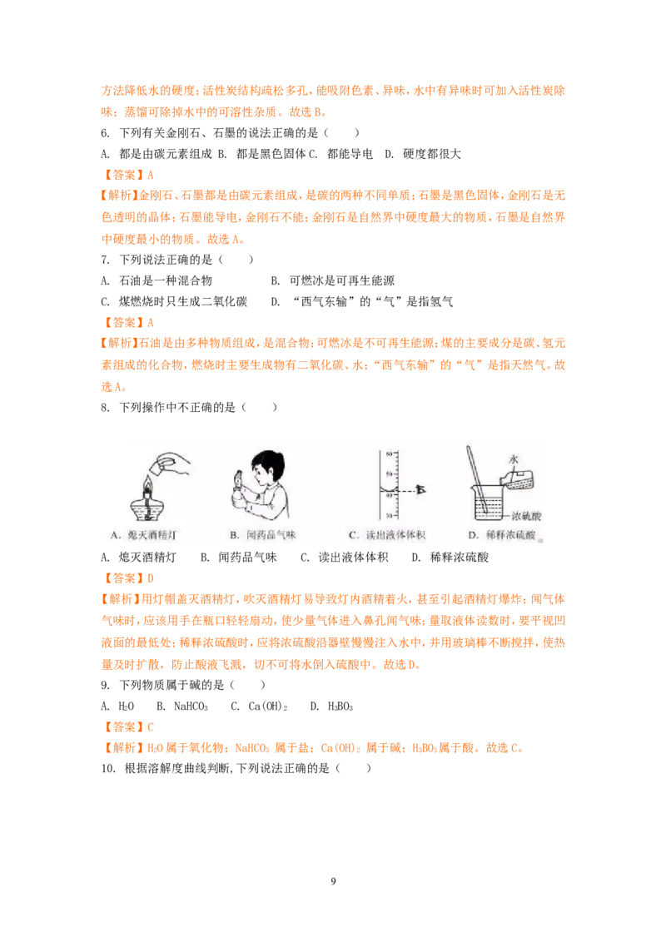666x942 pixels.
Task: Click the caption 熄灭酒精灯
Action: [x=157, y=534]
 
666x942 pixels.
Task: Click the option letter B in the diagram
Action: [x=235, y=534]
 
